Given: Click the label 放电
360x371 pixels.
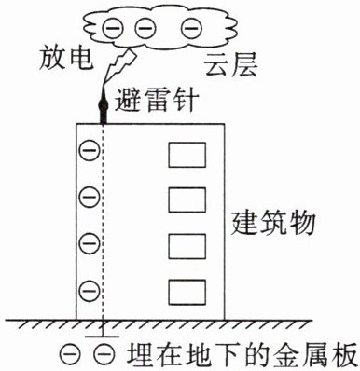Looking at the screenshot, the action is (x=66, y=59).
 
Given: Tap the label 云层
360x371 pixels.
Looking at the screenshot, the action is (x=230, y=65).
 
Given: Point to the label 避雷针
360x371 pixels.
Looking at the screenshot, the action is (x=157, y=100).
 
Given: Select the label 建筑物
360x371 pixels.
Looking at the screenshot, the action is (x=273, y=223).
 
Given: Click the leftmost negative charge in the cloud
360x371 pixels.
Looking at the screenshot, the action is (x=113, y=28).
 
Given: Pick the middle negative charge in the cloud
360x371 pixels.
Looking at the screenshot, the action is (x=145, y=28).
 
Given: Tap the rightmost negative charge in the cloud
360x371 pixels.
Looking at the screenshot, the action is (x=191, y=28).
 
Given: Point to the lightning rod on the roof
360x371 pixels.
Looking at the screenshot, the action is (x=103, y=107).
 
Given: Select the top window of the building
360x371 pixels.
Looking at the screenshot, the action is (x=187, y=155).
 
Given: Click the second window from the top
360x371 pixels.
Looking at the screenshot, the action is (x=187, y=200).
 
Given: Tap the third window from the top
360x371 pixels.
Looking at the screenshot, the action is (x=187, y=246).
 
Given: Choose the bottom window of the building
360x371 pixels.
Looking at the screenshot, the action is (x=187, y=293).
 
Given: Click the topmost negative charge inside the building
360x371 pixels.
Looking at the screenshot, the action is (x=90, y=150).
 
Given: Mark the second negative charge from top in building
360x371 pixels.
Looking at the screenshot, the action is (x=90, y=197).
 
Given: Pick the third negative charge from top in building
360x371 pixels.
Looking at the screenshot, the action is (x=90, y=243).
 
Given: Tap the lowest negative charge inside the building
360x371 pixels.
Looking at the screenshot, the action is (x=90, y=291).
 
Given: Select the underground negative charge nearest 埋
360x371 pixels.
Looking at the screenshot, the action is (x=104, y=354).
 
